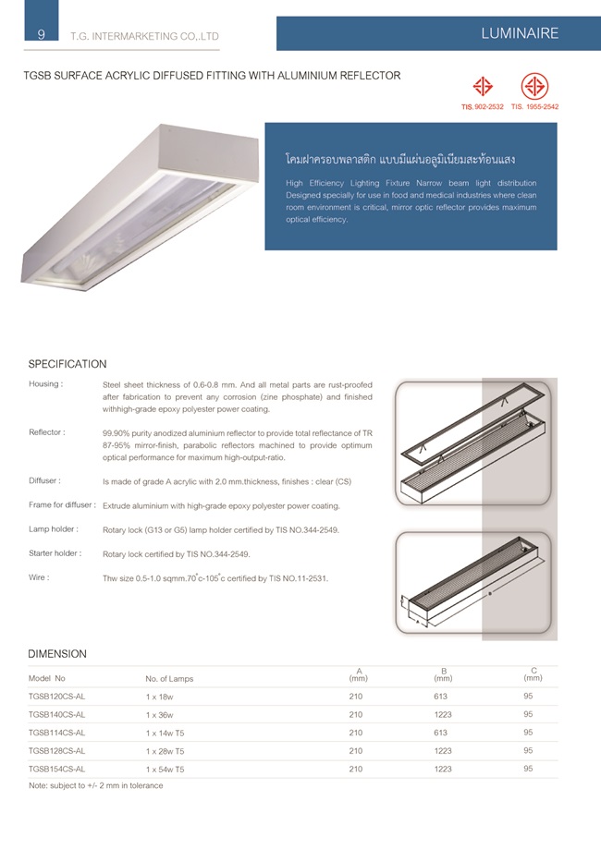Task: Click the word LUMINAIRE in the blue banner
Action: click(520, 33)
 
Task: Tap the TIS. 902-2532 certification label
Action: click(482, 107)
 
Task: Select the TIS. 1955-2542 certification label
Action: click(534, 107)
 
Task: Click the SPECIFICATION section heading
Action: click(67, 364)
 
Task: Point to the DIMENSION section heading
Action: click(57, 653)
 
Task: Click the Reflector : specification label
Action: click(46, 431)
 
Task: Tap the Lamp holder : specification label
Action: click(53, 529)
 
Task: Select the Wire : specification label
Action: click(39, 577)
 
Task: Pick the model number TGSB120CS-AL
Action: click(57, 697)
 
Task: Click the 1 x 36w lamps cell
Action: click(160, 715)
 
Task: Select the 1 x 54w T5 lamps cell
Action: click(166, 769)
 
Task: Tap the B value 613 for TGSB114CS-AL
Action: click(440, 733)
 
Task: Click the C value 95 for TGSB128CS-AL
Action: click(528, 750)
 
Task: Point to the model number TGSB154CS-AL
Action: click(57, 769)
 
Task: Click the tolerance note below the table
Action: click(96, 785)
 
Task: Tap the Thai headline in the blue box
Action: click(400, 159)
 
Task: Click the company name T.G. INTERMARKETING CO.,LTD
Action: click(144, 37)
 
